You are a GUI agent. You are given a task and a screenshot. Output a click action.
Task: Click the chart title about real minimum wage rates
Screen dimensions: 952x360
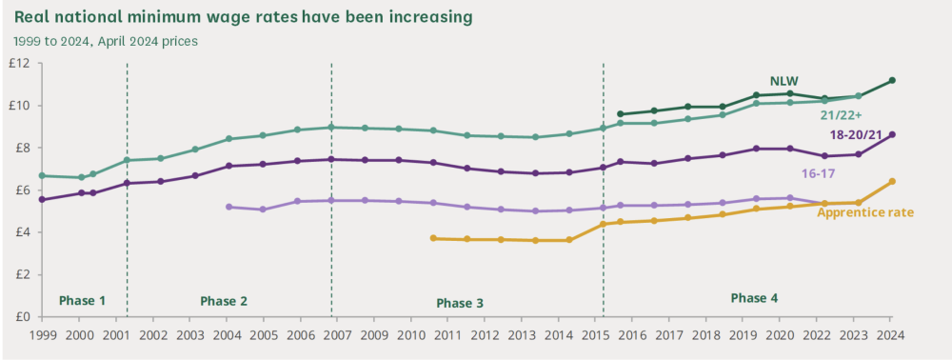pyautogui.click(x=243, y=17)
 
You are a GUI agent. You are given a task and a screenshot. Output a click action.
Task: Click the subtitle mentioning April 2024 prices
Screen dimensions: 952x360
pyautogui.click(x=106, y=42)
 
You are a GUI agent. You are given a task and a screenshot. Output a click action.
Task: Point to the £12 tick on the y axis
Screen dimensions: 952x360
pyautogui.click(x=23, y=63)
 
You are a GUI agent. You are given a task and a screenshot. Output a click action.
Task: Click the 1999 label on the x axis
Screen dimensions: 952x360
pyautogui.click(x=41, y=334)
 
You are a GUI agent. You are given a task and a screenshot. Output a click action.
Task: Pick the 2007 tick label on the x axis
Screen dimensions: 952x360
pyautogui.click(x=336, y=334)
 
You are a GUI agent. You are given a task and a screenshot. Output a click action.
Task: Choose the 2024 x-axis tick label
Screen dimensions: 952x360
pyautogui.click(x=890, y=334)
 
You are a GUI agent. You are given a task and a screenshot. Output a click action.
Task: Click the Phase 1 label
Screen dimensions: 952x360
pyautogui.click(x=82, y=301)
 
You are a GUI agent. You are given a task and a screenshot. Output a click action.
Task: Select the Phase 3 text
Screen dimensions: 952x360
pyautogui.click(x=460, y=302)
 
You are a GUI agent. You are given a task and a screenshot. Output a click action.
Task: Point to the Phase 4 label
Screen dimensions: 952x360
pyautogui.click(x=754, y=298)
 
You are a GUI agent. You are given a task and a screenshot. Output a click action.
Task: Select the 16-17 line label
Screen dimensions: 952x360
pyautogui.click(x=819, y=173)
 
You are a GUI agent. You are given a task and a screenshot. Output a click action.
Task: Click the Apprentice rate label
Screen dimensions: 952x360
pyautogui.click(x=865, y=212)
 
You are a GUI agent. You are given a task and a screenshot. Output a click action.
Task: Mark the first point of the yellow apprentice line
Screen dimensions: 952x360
pyautogui.click(x=433, y=239)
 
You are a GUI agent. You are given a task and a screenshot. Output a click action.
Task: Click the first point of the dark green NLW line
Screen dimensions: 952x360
pyautogui.click(x=620, y=113)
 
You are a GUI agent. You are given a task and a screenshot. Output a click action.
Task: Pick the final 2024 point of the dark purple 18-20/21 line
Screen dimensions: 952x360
pyautogui.click(x=892, y=135)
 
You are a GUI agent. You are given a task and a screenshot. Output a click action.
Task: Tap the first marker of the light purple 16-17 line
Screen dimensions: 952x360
pyautogui.click(x=228, y=207)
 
